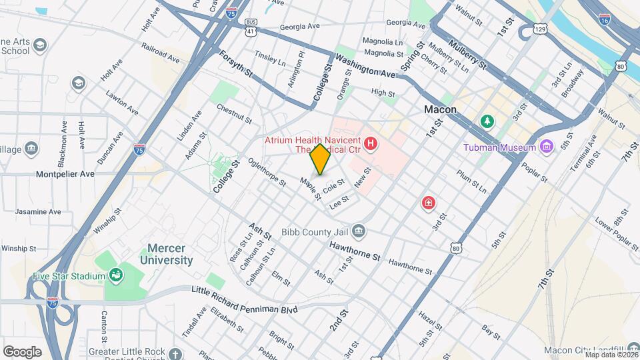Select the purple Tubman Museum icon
[547, 147]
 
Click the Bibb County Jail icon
[359, 231]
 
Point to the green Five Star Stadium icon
[116, 275]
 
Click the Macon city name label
[440, 109]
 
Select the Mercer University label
[166, 254]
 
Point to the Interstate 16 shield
[604, 19]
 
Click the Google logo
[22, 351]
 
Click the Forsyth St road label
[236, 65]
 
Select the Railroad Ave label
[161, 54]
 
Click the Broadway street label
[573, 83]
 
